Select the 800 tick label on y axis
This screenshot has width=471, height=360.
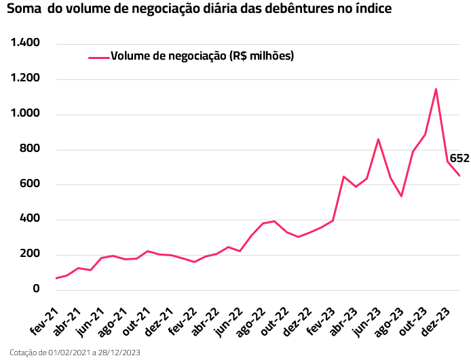[30, 149]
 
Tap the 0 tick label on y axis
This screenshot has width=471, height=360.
[37, 289]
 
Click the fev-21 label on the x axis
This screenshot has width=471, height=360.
[44, 320]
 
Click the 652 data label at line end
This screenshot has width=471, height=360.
[459, 159]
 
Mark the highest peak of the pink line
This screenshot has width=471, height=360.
[436, 89]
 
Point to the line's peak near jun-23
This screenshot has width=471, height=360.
[378, 139]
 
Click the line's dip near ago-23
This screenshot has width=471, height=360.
[402, 196]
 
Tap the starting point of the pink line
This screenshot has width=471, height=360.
[56, 278]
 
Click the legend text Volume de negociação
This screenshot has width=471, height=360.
[202, 56]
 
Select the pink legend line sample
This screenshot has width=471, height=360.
[99, 57]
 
